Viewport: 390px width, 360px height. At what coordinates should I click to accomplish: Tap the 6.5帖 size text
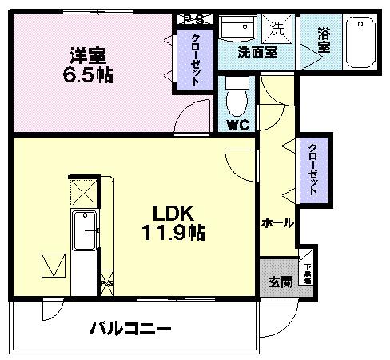tap(88, 77)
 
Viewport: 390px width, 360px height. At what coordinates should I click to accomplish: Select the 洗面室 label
tap(257, 52)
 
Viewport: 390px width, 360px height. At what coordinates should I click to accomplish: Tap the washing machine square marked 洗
tap(277, 29)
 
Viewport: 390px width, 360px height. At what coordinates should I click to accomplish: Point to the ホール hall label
tap(277, 222)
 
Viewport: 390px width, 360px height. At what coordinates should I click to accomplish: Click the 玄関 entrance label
tap(280, 282)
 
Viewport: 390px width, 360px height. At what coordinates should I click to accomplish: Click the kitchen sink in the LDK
tap(84, 232)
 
